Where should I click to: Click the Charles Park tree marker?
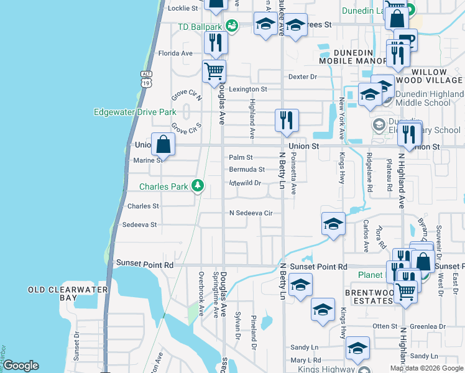click(x=198, y=185)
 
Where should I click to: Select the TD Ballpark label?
click(x=200, y=27)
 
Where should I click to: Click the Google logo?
click(x=21, y=366)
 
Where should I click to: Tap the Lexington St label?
click(x=247, y=89)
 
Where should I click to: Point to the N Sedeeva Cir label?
click(x=251, y=213)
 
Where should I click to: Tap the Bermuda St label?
click(x=247, y=169)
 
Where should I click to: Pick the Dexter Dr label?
click(x=303, y=77)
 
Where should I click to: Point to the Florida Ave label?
click(x=175, y=53)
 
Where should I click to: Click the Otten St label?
click(x=385, y=326)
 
